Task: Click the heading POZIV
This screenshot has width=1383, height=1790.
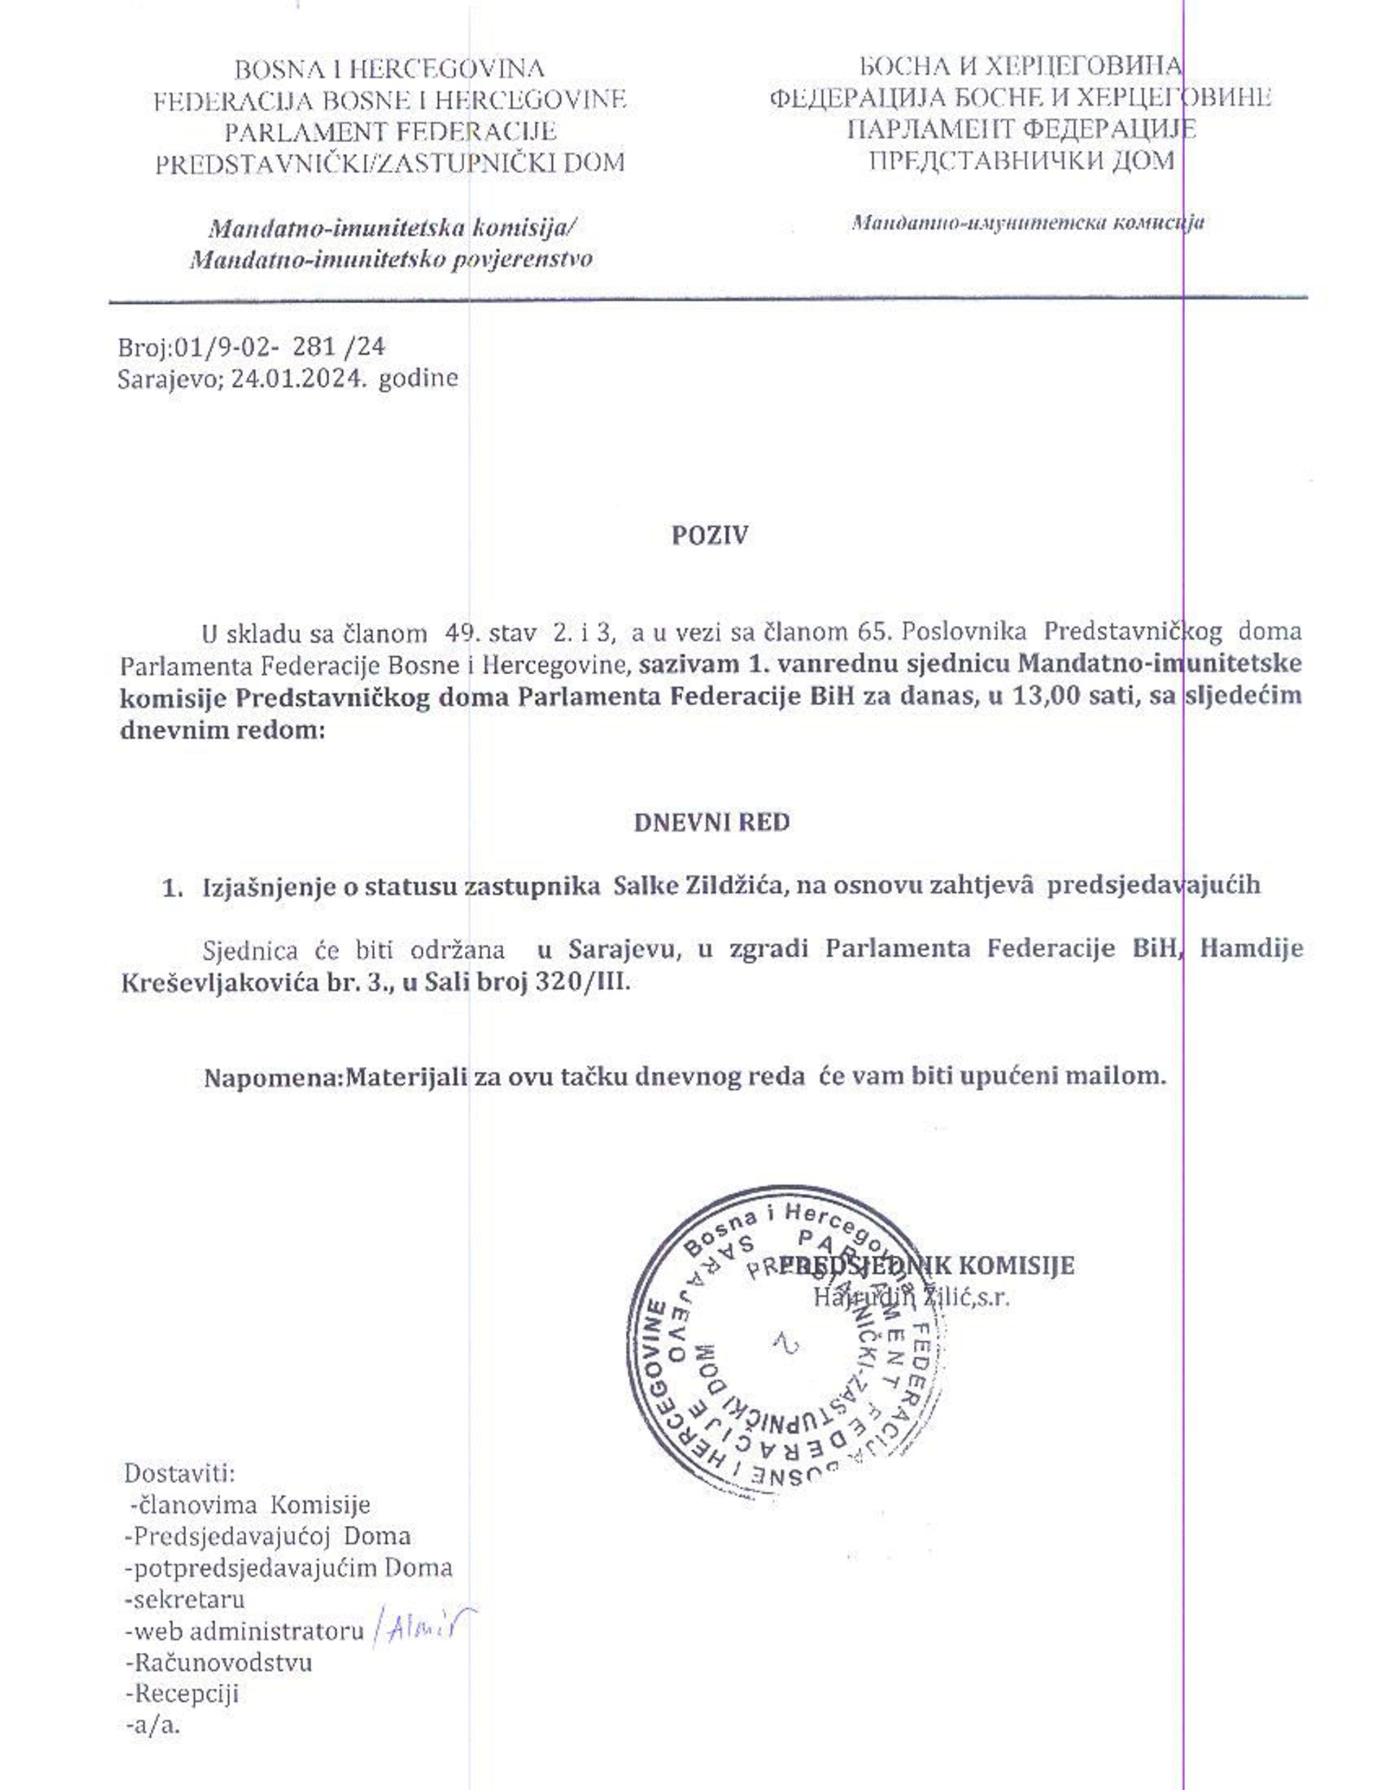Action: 709,535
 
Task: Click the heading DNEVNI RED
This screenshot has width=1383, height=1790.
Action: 711,822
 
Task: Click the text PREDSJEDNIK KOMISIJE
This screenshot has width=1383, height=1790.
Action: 926,1265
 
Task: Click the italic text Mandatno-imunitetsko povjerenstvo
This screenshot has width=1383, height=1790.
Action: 391,260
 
